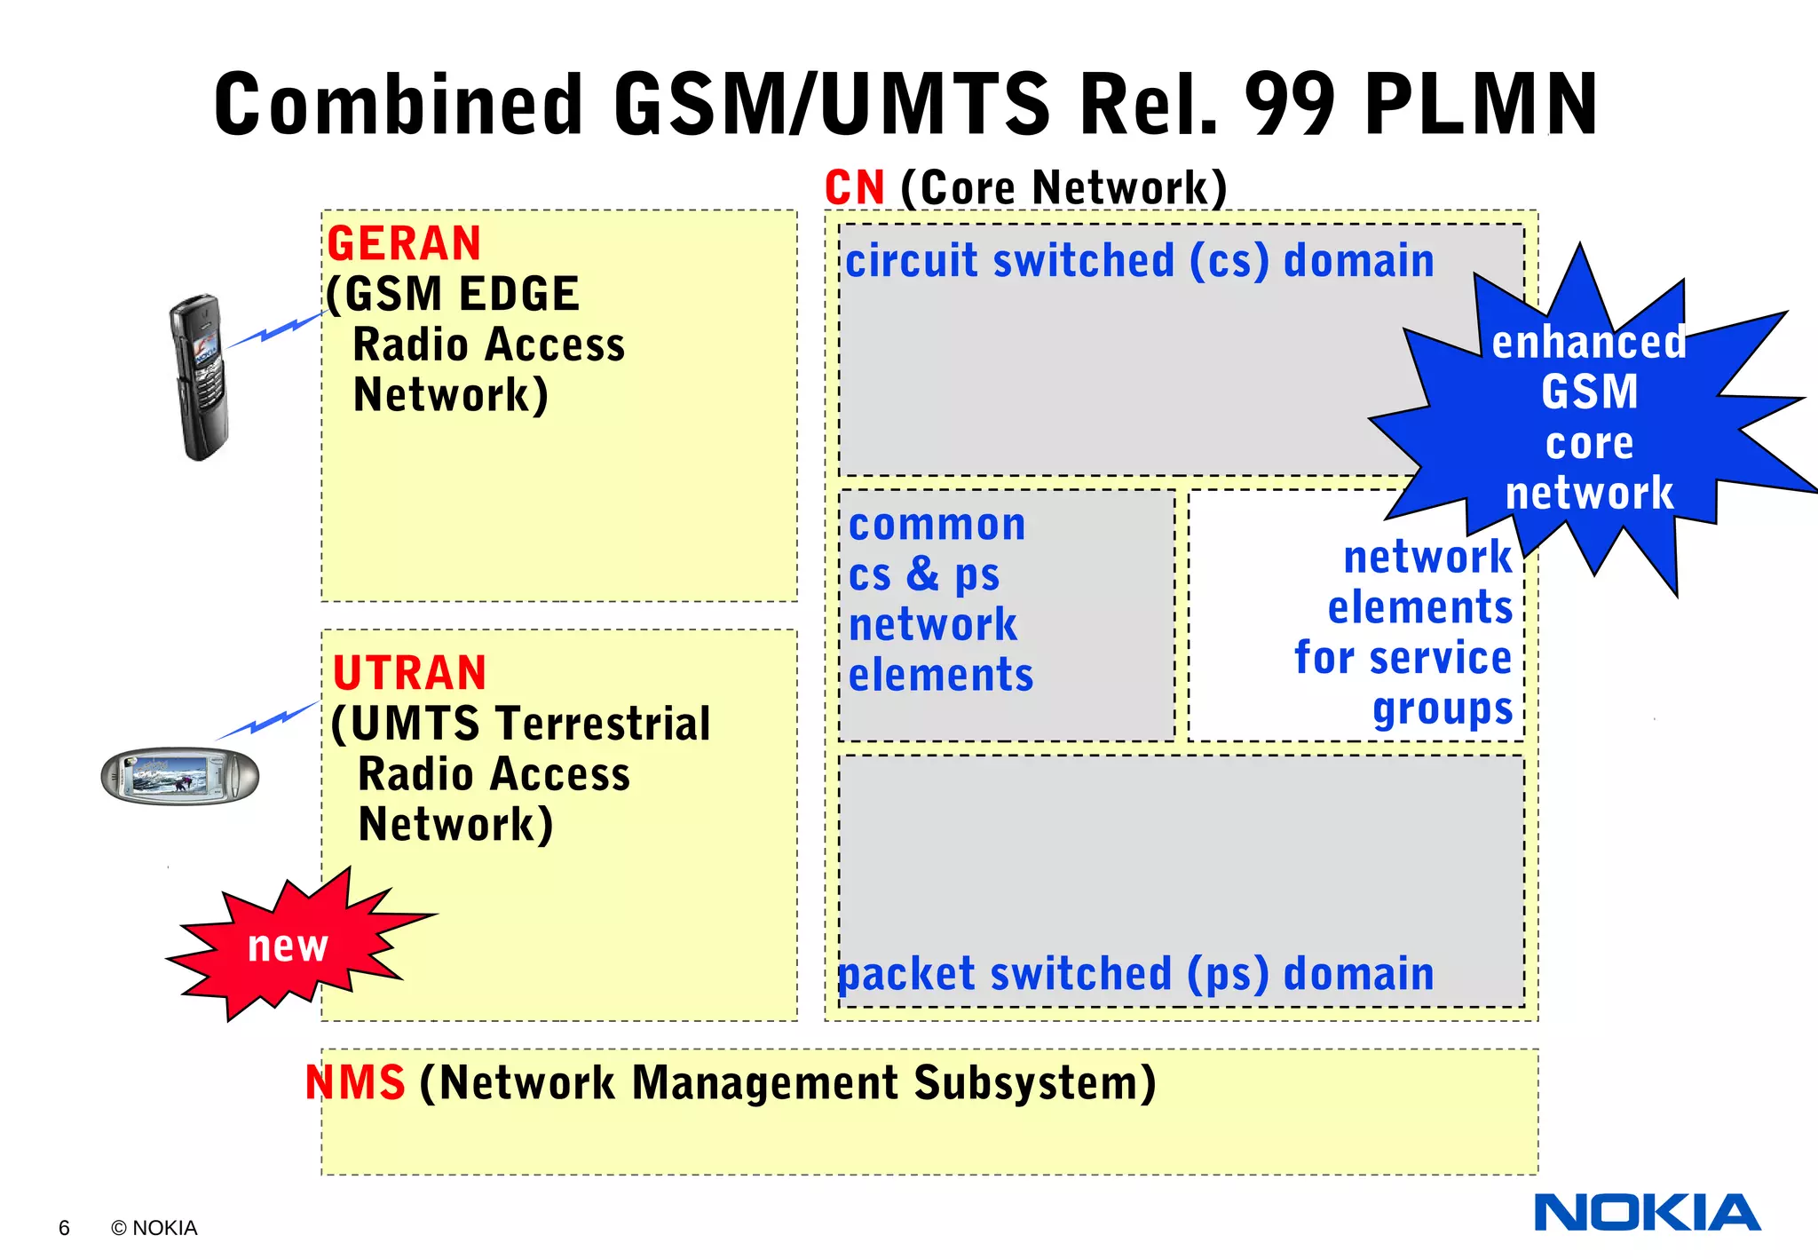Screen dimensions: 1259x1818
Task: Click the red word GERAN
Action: click(404, 244)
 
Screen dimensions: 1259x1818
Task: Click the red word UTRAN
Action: click(409, 673)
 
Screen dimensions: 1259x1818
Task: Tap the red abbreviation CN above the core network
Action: click(854, 187)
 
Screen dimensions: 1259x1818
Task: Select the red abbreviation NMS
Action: click(355, 1082)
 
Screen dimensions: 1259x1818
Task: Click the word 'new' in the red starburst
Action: click(288, 946)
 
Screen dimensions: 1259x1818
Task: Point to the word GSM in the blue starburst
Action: click(1589, 392)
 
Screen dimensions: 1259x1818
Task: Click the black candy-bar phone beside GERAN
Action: click(200, 377)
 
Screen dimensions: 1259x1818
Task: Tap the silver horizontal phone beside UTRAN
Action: click(179, 776)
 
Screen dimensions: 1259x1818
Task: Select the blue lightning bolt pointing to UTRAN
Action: click(267, 721)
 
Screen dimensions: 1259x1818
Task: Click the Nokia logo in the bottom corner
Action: click(1647, 1213)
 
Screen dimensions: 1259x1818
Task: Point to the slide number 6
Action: click(64, 1228)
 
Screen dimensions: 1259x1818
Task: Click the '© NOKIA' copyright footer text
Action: click(154, 1228)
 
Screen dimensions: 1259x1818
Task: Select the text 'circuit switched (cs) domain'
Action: click(1139, 261)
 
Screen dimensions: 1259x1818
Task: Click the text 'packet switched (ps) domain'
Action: click(1136, 974)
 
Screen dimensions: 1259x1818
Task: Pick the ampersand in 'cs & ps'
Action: click(923, 574)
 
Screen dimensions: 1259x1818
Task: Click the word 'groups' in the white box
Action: click(1442, 709)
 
